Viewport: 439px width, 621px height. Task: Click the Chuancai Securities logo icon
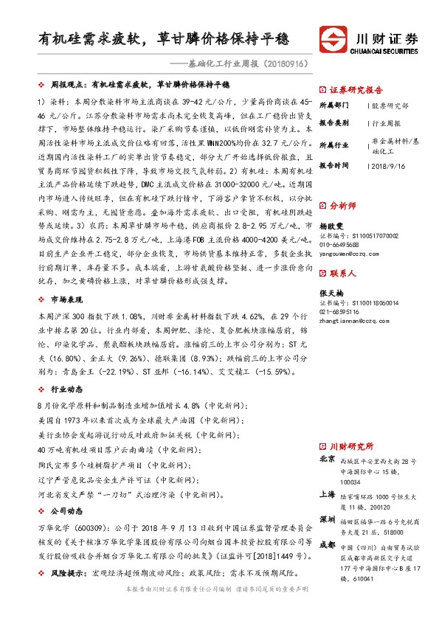(x=330, y=39)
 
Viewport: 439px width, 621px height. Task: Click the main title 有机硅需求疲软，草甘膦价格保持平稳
(x=164, y=39)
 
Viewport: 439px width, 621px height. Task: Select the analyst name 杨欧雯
(x=331, y=226)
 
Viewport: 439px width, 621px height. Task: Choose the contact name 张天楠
(x=331, y=293)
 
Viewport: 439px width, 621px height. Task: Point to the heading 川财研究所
(x=350, y=446)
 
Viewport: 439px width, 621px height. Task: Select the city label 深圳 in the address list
(x=327, y=518)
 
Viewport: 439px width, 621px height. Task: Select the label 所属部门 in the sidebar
(x=332, y=105)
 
